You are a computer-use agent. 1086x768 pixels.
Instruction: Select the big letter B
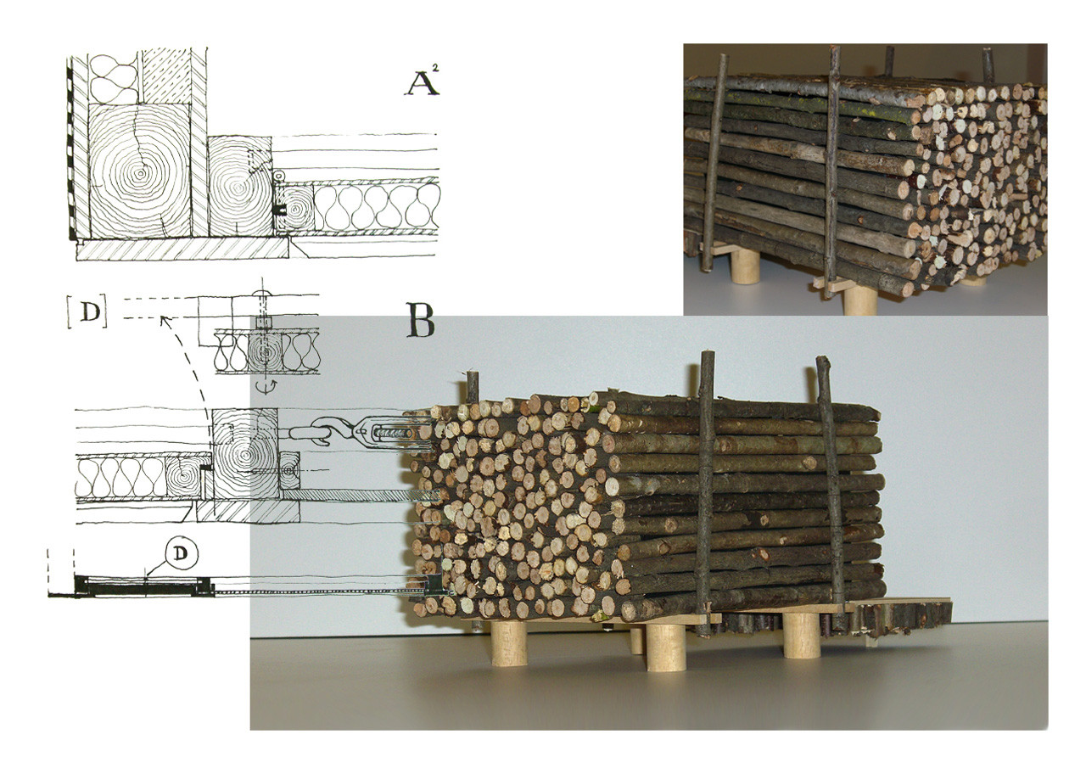point(420,320)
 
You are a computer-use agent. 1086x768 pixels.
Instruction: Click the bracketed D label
point(87,314)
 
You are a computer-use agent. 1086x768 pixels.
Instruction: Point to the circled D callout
point(180,554)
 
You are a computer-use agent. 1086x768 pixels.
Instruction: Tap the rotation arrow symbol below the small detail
point(266,386)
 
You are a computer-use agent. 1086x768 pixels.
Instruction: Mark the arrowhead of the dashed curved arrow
point(165,321)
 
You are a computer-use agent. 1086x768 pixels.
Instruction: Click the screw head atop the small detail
point(262,294)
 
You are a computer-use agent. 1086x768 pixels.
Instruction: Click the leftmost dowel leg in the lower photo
point(509,643)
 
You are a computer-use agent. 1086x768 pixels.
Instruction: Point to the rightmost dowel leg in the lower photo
point(802,635)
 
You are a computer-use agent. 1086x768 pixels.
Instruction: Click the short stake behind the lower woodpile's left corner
point(473,387)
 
